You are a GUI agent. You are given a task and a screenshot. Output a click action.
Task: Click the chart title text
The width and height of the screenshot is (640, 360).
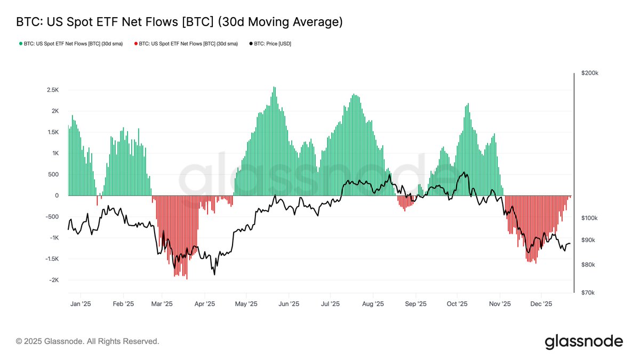click(179, 22)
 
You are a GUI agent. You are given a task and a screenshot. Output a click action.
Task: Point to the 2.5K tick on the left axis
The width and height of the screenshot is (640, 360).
click(52, 90)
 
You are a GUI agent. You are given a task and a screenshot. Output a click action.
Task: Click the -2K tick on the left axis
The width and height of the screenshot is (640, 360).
click(53, 280)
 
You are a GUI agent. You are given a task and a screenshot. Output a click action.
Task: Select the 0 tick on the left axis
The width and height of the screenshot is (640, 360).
click(56, 196)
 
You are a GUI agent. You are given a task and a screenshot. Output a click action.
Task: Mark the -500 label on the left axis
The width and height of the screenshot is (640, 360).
click(51, 217)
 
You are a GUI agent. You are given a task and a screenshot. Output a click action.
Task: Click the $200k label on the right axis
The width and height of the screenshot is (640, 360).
click(589, 73)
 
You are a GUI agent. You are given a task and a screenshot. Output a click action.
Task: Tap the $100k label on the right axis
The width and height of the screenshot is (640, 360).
click(589, 218)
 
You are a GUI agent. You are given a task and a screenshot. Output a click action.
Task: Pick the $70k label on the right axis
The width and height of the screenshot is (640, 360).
click(588, 293)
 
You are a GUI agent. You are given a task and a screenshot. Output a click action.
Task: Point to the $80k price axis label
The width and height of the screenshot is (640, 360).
click(588, 265)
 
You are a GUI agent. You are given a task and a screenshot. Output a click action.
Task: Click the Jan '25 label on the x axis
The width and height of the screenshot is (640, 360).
click(81, 303)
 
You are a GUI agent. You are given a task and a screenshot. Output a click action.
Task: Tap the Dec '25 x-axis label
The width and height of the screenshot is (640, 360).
click(541, 303)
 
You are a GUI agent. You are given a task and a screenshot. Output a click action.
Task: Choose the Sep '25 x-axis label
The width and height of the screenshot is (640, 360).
click(415, 303)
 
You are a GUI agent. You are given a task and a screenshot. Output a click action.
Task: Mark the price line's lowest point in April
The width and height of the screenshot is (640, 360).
click(214, 274)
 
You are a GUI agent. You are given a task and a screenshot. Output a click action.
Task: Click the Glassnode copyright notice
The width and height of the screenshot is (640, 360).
click(87, 341)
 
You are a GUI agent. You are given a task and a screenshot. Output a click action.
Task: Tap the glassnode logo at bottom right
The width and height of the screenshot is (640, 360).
click(583, 341)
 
